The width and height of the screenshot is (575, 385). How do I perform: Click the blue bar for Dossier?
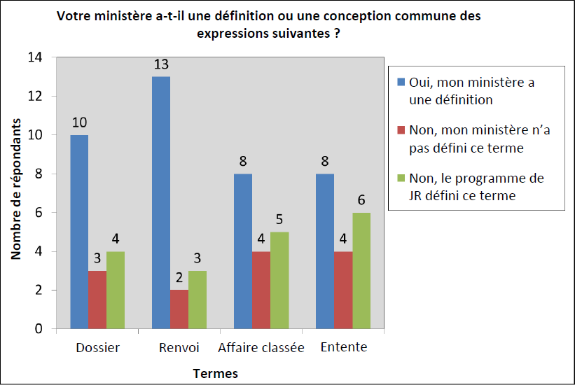pos(79,232)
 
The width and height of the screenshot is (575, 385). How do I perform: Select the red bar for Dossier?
pos(97,300)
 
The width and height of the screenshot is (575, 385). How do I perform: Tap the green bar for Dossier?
pos(116,290)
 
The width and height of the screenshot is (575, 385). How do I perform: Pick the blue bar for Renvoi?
pos(161,202)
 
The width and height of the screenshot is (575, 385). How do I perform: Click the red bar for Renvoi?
pos(179,309)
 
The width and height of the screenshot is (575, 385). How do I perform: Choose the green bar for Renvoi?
pos(198,300)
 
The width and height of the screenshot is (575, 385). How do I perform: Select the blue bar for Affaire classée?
pos(243,251)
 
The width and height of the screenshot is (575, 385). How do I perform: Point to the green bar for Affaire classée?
pos(279,280)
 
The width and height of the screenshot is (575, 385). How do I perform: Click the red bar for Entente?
pos(343,290)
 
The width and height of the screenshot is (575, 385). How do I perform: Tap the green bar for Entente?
pos(361,271)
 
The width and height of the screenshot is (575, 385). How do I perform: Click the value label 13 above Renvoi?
pos(161,64)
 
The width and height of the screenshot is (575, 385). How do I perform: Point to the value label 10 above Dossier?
pos(79,122)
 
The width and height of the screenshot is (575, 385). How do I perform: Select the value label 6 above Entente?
pos(361,200)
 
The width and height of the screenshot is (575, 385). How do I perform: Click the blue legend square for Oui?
pos(401,82)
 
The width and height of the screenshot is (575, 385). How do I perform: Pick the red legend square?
pos(401,130)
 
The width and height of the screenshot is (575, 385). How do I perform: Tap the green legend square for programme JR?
pos(401,178)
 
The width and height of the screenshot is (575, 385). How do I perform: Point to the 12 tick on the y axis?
pos(36,96)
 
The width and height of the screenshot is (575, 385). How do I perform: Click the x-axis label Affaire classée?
pos(261,348)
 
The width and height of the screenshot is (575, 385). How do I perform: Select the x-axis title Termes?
pos(216,373)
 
